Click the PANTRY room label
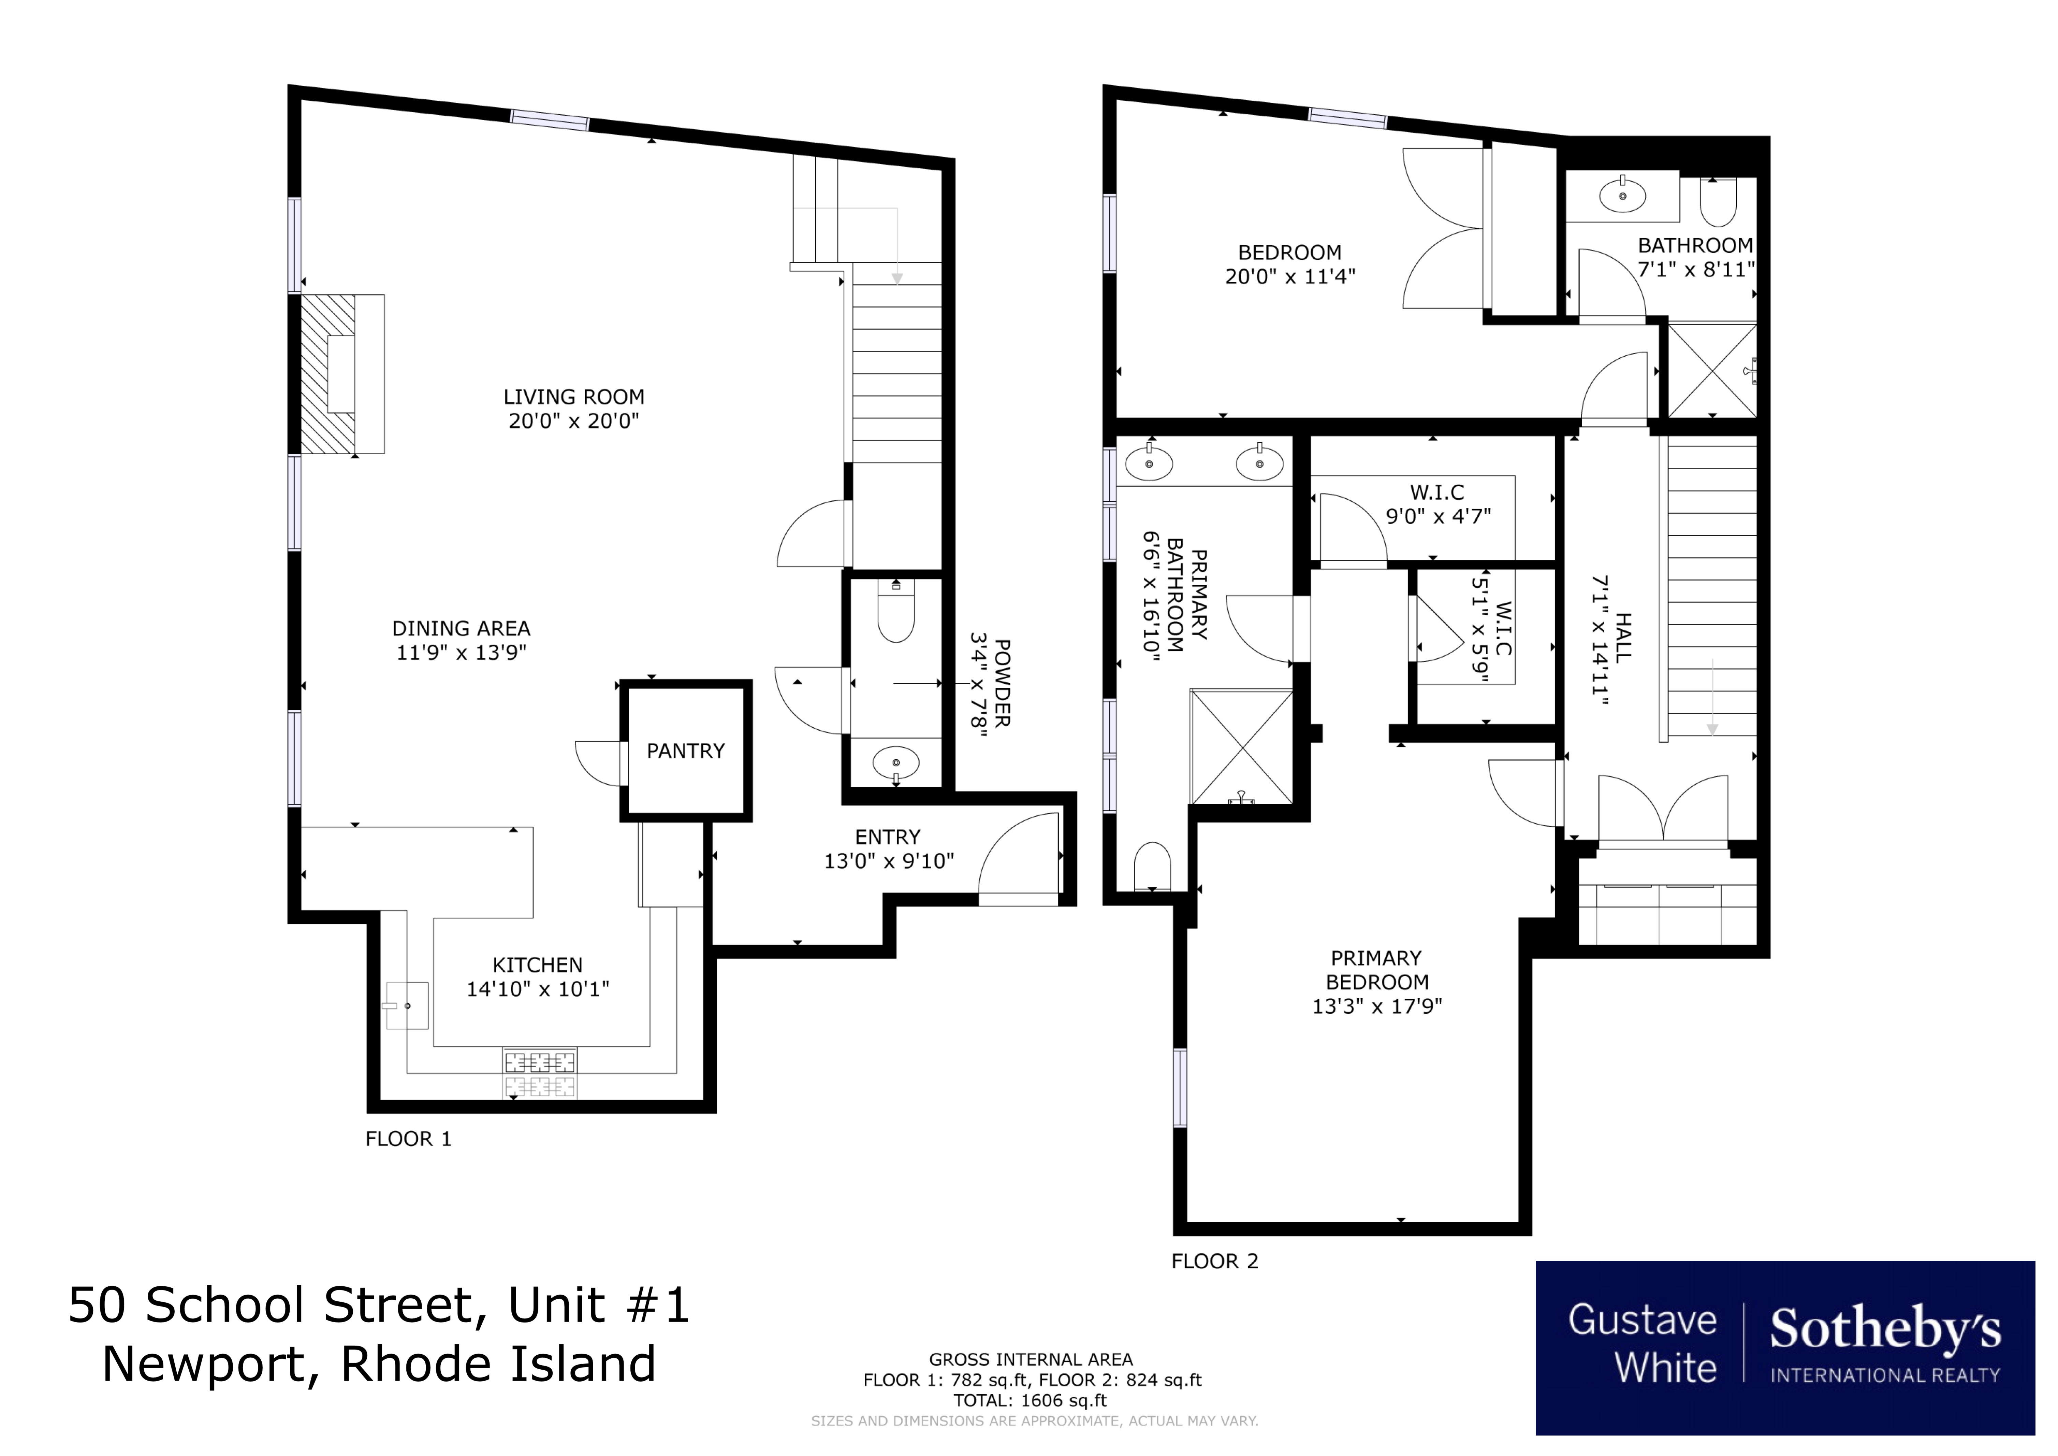click(686, 751)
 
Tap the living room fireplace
click(342, 374)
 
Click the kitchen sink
click(406, 1005)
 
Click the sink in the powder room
click(895, 763)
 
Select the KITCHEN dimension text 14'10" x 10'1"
click(538, 989)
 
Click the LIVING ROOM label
click(574, 397)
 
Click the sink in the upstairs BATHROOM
click(1622, 196)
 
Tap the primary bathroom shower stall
click(1241, 746)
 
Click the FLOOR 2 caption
click(1214, 1261)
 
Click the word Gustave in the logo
click(1642, 1321)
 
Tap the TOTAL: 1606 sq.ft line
click(1030, 1400)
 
